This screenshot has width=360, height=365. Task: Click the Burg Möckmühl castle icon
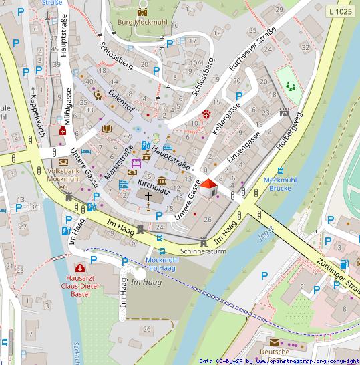click(x=142, y=11)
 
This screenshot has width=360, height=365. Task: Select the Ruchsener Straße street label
click(x=252, y=49)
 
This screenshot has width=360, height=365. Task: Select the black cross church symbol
click(x=148, y=197)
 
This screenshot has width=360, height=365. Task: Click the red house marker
click(x=208, y=187)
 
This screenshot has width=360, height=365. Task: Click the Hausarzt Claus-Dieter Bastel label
click(x=79, y=285)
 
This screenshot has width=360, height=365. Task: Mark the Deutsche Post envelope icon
click(x=275, y=341)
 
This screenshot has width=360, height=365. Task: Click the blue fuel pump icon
click(x=343, y=264)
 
